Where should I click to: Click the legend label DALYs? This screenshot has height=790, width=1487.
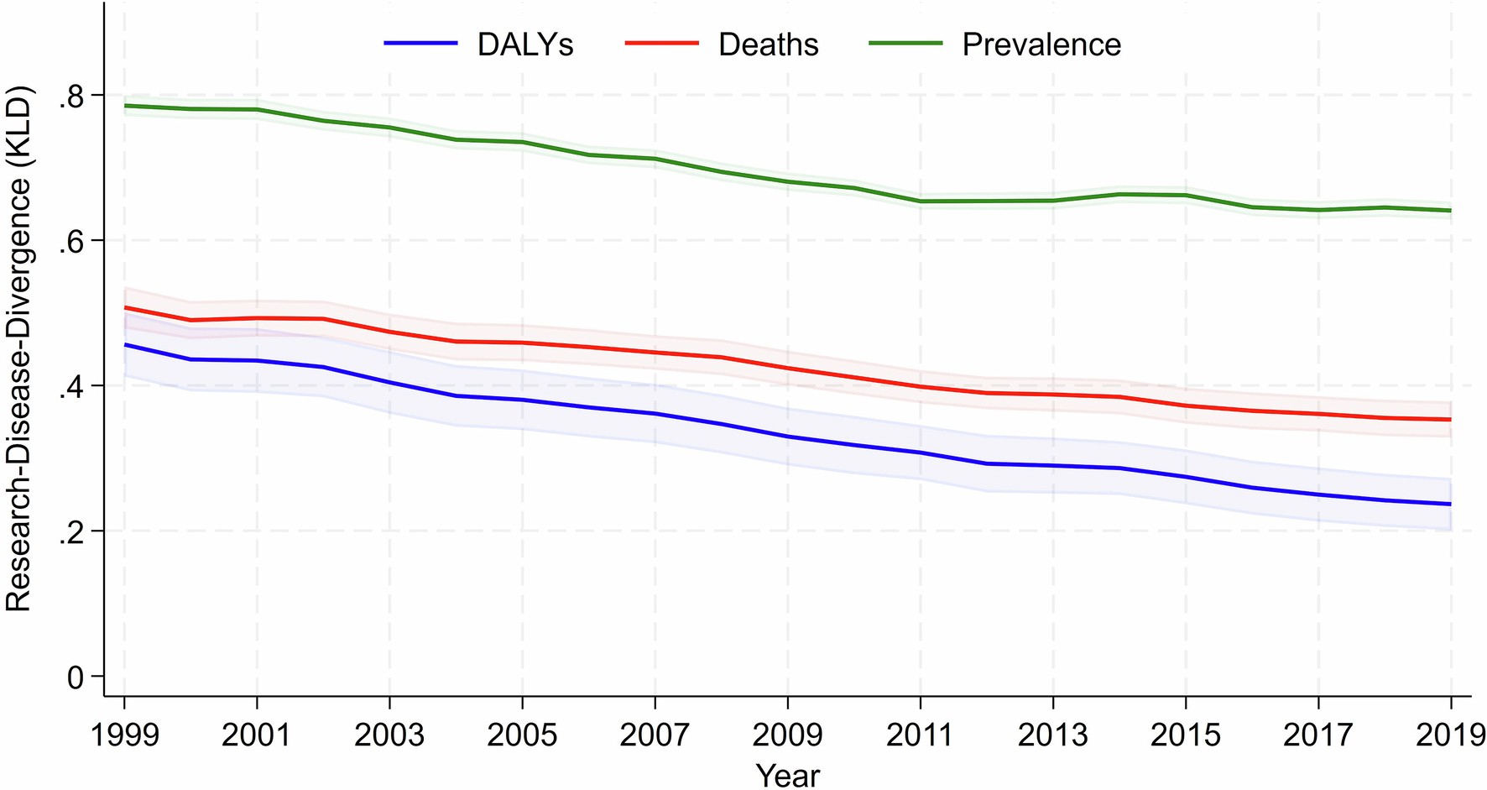tap(524, 44)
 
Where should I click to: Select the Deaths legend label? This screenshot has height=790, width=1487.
tap(768, 44)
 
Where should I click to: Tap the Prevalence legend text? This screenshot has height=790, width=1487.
tap(1041, 44)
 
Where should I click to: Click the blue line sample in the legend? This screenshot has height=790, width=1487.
tap(420, 43)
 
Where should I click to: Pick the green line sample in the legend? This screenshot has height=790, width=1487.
tap(905, 43)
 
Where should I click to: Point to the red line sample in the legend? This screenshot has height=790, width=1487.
tap(662, 43)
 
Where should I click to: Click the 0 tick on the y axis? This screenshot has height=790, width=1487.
tap(76, 678)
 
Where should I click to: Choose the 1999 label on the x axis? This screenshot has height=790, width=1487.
tap(124, 735)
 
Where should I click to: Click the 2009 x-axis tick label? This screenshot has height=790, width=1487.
tap(787, 735)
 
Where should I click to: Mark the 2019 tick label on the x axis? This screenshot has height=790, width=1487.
tap(1450, 735)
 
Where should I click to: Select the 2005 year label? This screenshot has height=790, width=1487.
tap(522, 735)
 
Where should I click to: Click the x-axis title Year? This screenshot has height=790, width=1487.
tap(787, 774)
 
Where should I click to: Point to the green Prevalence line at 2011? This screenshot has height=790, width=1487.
tap(921, 201)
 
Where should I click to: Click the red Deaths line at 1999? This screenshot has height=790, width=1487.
tap(125, 307)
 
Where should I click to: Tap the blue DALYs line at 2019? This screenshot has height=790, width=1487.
tap(1450, 504)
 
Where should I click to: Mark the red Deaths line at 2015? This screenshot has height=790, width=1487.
tap(1185, 405)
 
